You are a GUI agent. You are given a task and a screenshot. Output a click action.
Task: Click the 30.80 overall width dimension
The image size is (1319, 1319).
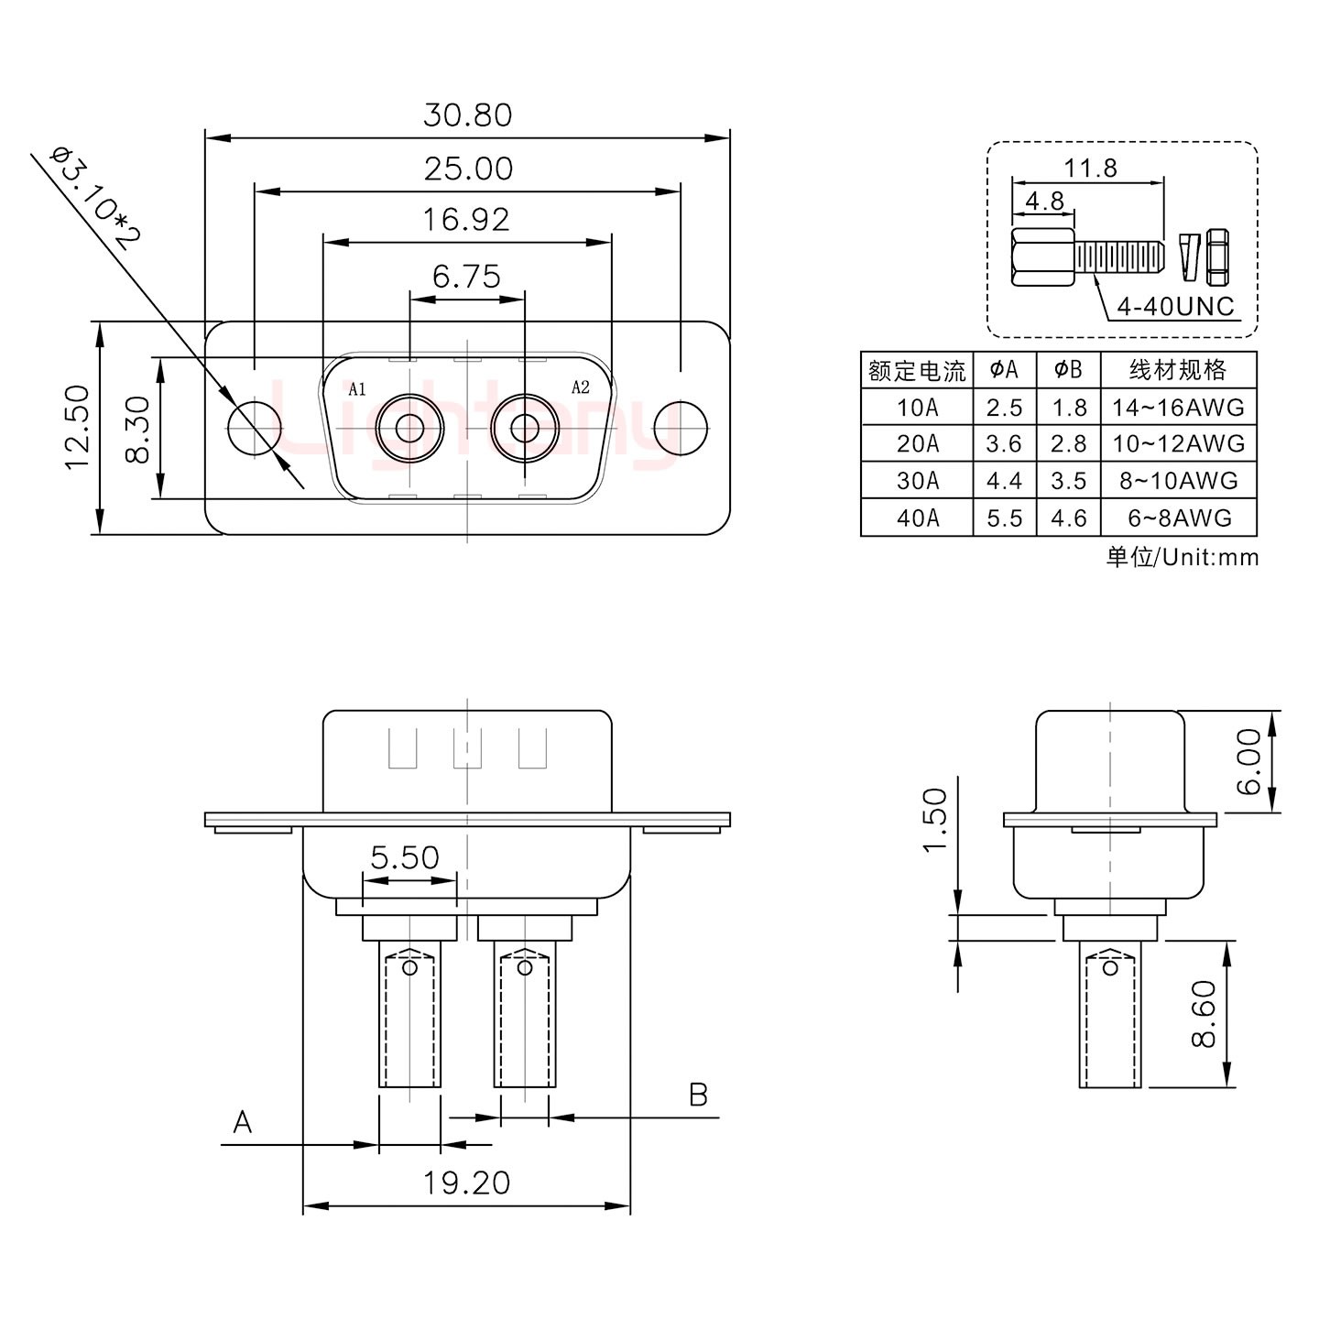[467, 115]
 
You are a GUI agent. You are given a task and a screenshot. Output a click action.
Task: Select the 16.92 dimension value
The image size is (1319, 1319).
[467, 220]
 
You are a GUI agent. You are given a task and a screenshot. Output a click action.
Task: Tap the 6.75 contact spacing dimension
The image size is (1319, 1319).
[467, 276]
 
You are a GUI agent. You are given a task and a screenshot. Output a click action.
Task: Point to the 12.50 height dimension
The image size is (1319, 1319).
[77, 428]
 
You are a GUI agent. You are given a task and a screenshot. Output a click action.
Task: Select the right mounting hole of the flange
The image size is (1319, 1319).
[681, 428]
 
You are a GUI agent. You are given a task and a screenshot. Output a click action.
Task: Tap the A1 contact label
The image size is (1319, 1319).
[357, 389]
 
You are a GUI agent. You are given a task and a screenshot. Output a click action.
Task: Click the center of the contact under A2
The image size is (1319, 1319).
[524, 428]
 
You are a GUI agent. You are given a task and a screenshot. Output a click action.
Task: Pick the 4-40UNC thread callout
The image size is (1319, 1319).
[1176, 306]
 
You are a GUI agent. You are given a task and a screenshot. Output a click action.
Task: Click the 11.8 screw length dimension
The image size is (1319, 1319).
[1090, 169]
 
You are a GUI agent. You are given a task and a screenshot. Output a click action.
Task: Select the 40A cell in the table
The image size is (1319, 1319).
[917, 518]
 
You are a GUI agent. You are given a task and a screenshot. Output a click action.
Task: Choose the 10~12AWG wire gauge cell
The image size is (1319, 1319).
[1178, 444]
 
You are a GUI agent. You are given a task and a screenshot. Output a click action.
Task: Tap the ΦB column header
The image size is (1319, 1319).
[1068, 370]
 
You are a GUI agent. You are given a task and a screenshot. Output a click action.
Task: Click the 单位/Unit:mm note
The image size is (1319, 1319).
[1183, 557]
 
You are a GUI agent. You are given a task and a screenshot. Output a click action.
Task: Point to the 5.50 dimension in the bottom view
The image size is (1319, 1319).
[405, 858]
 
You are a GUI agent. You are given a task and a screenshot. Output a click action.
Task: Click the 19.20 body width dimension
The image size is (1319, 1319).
[466, 1183]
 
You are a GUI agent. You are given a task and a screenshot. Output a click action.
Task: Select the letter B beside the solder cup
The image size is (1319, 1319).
[698, 1095]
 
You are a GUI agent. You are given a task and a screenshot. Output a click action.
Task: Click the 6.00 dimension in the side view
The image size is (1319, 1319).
[1249, 761]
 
